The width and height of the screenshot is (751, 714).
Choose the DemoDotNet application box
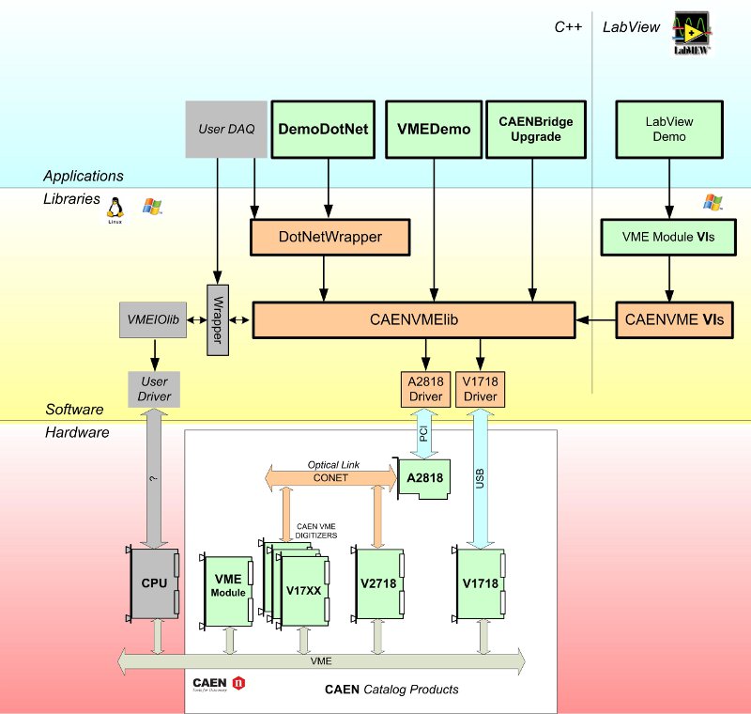326,129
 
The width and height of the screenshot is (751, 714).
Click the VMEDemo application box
433,129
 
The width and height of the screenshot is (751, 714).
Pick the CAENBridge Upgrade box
535,129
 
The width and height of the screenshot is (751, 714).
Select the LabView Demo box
668,129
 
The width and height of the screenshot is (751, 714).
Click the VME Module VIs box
668,237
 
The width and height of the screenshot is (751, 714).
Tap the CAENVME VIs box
674,320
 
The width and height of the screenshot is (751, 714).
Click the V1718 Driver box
481,389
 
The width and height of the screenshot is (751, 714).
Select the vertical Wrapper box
218,320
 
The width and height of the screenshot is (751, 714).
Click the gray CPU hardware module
153,583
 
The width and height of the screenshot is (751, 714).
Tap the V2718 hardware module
377,583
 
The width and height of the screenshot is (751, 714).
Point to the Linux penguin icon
116,210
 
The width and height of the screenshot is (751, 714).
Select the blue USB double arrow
481,478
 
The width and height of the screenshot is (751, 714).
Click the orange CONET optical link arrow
328,476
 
